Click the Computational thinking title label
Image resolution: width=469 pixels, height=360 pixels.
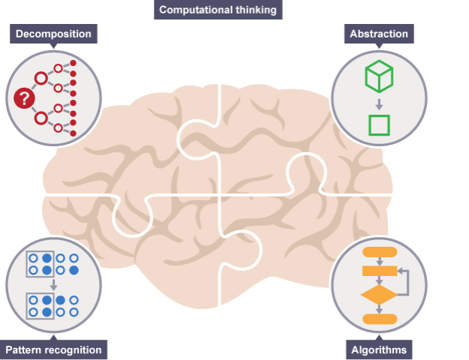[x=218, y=10]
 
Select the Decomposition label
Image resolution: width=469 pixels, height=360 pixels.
[x=54, y=34]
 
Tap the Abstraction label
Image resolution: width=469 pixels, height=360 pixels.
[x=379, y=34]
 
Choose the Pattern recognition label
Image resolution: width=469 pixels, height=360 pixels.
[x=53, y=349]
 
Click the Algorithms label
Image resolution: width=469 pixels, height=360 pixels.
[x=379, y=349]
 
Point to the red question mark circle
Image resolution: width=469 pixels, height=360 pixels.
[x=24, y=97]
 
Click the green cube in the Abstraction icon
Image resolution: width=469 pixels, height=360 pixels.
[x=379, y=76]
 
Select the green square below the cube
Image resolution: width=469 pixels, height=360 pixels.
[x=379, y=124]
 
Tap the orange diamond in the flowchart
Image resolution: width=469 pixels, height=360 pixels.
[x=379, y=295]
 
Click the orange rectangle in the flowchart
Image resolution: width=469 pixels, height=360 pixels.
[x=379, y=271]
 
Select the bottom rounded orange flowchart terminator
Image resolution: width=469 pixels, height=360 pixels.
[x=379, y=319]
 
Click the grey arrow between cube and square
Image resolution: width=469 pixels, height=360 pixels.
[x=379, y=103]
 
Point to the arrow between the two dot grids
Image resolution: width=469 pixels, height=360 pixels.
[x=53, y=285]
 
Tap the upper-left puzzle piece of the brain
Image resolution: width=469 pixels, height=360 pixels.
[x=143, y=142]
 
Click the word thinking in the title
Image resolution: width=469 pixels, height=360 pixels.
[x=251, y=10]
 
